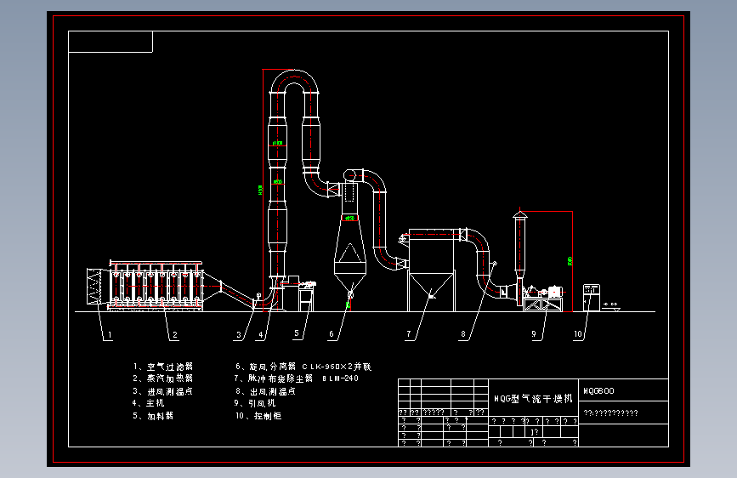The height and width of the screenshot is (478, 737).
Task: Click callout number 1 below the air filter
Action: pyautogui.click(x=110, y=335)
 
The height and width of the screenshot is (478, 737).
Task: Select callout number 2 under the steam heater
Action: pyautogui.click(x=174, y=335)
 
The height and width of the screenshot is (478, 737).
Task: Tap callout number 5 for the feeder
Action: pyautogui.click(x=298, y=334)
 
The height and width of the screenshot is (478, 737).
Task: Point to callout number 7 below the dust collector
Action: pyautogui.click(x=409, y=335)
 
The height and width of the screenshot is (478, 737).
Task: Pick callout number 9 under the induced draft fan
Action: pyautogui.click(x=535, y=335)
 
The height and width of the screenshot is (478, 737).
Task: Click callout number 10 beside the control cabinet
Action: pyautogui.click(x=579, y=335)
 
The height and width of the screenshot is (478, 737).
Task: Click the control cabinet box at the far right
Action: pyautogui.click(x=591, y=298)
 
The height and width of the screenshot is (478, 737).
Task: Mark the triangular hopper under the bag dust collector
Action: pyautogui.click(x=431, y=292)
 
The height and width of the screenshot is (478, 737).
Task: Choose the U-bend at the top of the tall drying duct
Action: pyautogui.click(x=294, y=82)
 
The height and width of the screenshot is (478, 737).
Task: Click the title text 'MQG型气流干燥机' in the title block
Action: pyautogui.click(x=533, y=398)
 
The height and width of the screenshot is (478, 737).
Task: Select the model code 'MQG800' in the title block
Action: pyautogui.click(x=598, y=392)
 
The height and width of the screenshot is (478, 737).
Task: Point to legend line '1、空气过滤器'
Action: pyautogui.click(x=163, y=367)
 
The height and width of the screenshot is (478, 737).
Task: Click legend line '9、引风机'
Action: pyautogui.click(x=258, y=403)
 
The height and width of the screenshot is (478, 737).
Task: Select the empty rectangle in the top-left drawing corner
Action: pyautogui.click(x=111, y=42)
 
